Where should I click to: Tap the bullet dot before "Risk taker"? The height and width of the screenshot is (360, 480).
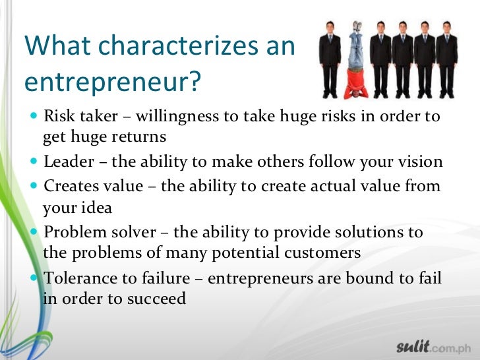(35, 117)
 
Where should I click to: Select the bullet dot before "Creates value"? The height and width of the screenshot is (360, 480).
(35, 187)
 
